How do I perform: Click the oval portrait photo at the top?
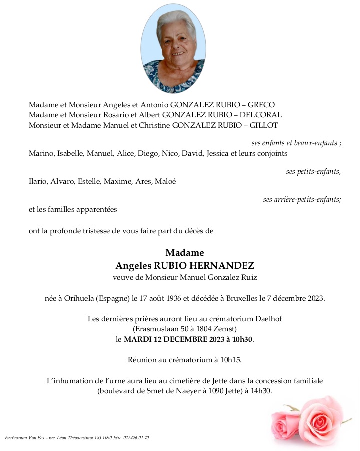click(x=173, y=49)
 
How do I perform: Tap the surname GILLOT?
click(x=265, y=125)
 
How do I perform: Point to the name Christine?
click(x=151, y=125)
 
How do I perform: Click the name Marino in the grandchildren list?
click(x=41, y=153)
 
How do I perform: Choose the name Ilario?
click(x=38, y=181)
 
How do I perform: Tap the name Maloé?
click(x=165, y=181)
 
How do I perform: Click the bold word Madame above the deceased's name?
click(x=185, y=253)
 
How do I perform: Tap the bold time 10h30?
click(x=240, y=339)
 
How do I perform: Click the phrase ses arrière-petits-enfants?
click(x=302, y=200)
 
